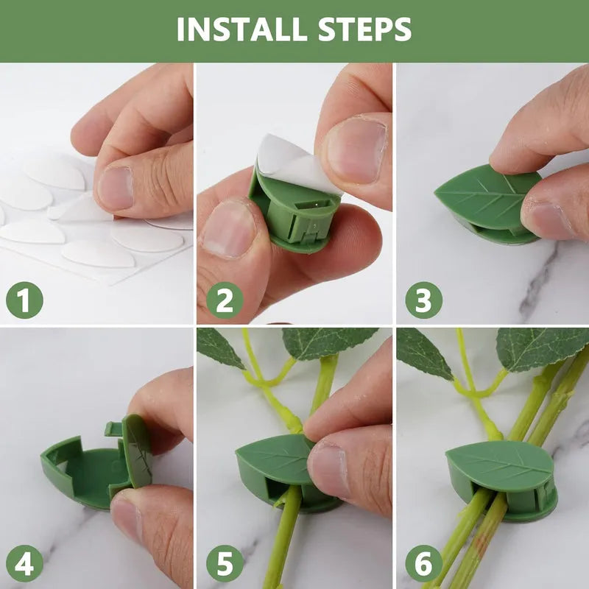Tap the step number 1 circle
(24, 300)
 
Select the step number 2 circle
(224, 300)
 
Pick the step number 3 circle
(423, 300)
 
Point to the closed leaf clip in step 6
(501, 471)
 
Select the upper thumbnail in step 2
(356, 147)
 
